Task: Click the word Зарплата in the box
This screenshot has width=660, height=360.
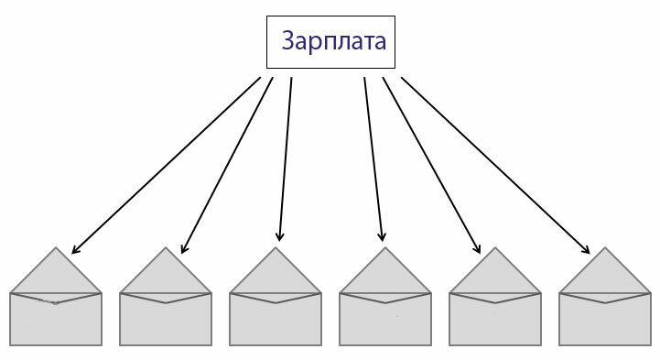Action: [332, 42]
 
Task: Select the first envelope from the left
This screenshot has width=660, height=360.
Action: [56, 316]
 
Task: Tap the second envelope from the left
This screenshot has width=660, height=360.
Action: [166, 316]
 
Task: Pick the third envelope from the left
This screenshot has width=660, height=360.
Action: [276, 316]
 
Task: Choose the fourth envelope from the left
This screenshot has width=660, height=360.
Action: [385, 316]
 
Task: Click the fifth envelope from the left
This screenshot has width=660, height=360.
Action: [495, 316]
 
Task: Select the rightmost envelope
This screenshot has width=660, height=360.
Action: [605, 316]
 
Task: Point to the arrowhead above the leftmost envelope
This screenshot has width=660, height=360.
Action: [74, 250]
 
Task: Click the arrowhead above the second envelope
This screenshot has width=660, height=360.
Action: [183, 249]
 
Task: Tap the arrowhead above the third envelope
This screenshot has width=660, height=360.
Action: [280, 236]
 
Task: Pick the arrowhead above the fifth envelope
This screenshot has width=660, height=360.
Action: [477, 249]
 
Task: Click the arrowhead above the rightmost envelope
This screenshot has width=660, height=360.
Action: [587, 250]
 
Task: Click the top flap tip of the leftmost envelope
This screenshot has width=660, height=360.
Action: [56, 249]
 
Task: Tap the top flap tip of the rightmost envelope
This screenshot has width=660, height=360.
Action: [605, 249]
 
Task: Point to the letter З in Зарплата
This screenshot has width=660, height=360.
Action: [289, 42]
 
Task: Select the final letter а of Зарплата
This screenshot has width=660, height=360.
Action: [378, 43]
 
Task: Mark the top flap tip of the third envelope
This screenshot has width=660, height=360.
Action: [276, 249]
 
